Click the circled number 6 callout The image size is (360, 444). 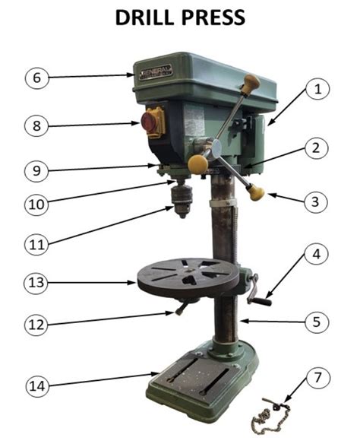pyautogui.click(x=36, y=77)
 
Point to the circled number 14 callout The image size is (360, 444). pyautogui.click(x=36, y=385)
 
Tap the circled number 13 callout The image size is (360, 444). pyautogui.click(x=36, y=284)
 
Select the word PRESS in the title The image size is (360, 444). pyautogui.click(x=216, y=18)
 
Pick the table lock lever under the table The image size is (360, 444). pyautogui.click(x=183, y=306)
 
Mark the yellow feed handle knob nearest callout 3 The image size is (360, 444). pyautogui.click(x=257, y=194)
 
